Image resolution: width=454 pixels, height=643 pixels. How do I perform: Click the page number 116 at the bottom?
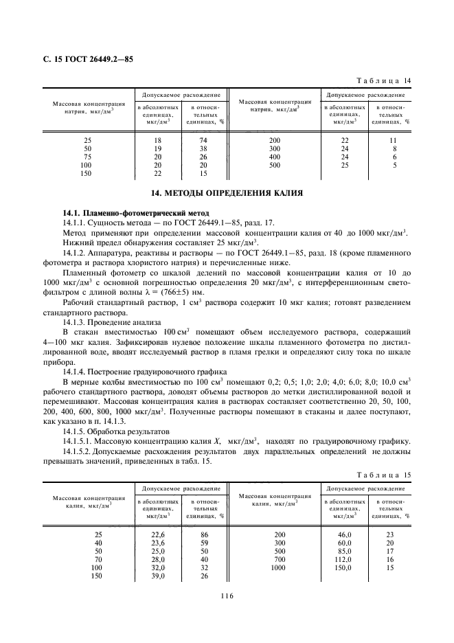point(227,596)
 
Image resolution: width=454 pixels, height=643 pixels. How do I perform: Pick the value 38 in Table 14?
point(203,148)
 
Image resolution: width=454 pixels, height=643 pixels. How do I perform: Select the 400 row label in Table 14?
point(275,157)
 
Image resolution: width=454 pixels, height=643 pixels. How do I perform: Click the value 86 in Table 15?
point(203,534)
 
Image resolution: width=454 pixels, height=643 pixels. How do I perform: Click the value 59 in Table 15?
point(203,542)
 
